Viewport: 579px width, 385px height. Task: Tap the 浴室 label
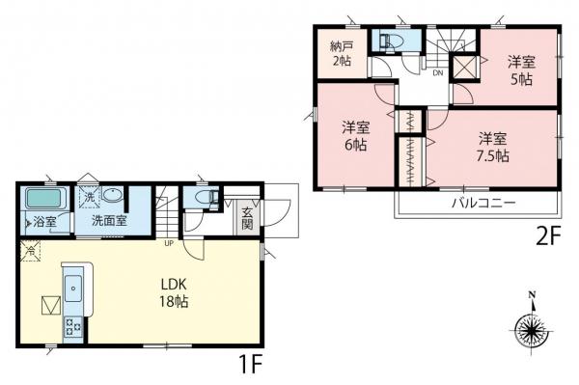(44, 221)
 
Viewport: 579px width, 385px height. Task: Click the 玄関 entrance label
(247, 218)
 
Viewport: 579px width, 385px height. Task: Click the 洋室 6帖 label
(354, 135)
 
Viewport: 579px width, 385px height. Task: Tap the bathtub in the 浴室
(44, 199)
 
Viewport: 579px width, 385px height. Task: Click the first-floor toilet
(203, 198)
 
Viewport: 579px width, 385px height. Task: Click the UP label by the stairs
(171, 242)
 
